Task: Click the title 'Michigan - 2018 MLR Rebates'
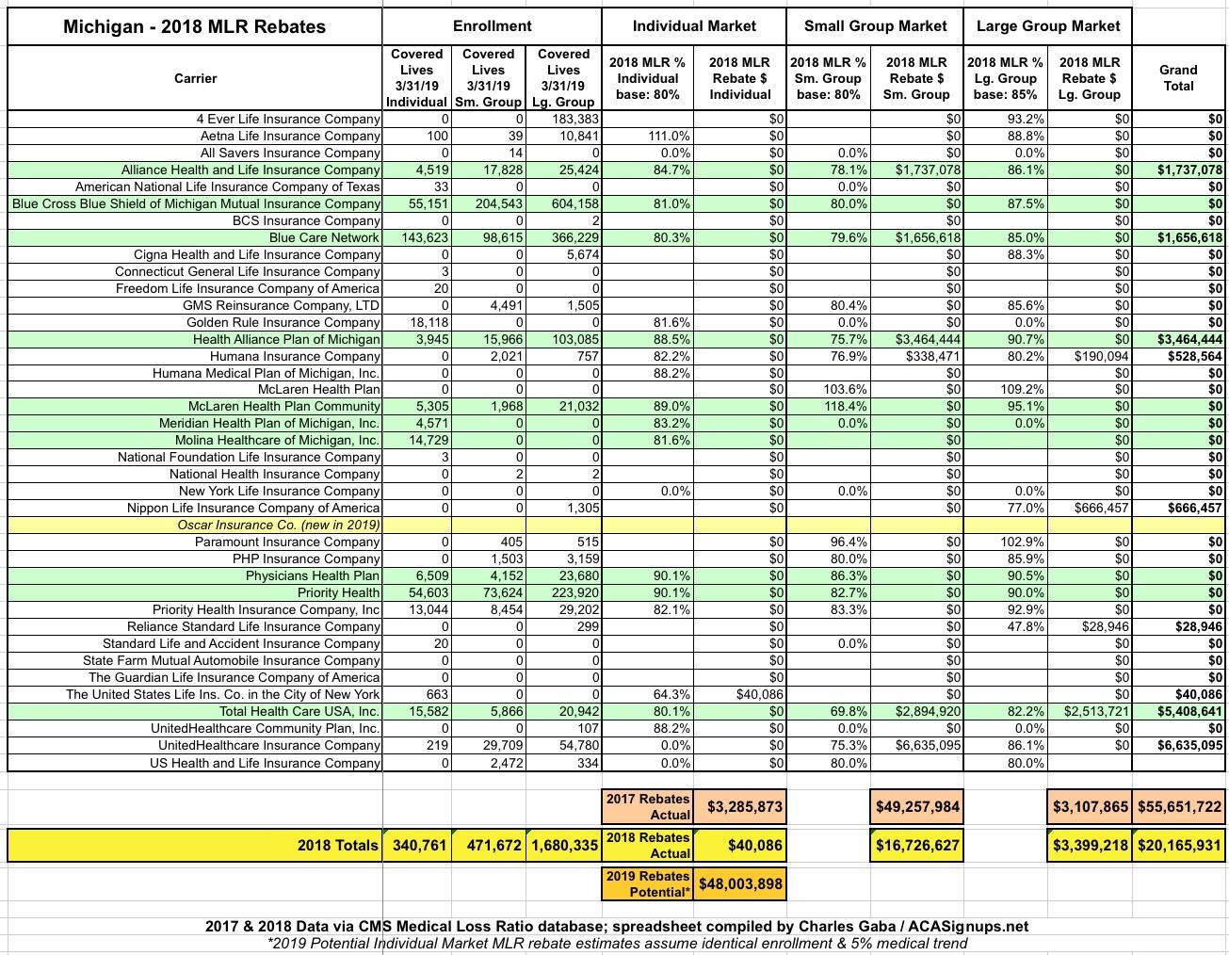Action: pos(194,26)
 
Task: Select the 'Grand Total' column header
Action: pos(1178,77)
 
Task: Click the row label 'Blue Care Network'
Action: pos(324,237)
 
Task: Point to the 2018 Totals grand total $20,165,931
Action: pos(1179,845)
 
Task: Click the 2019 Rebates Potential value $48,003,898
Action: pos(740,883)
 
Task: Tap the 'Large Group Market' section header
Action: pos(1048,26)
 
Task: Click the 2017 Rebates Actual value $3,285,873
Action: pos(744,806)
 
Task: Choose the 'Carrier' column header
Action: pos(195,78)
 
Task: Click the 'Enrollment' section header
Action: pos(492,26)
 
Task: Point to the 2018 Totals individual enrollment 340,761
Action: pos(418,845)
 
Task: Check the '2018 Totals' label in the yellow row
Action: pos(338,845)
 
